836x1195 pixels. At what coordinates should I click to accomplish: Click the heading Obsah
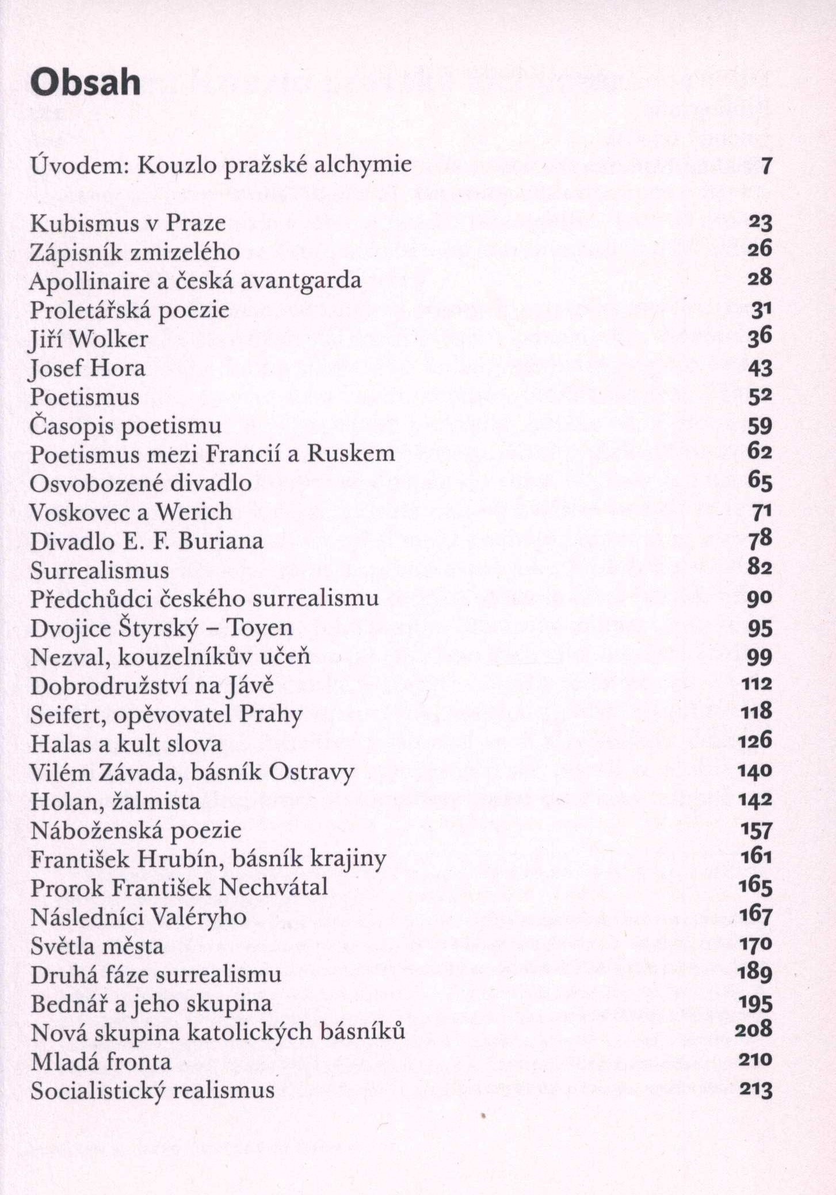pos(85,83)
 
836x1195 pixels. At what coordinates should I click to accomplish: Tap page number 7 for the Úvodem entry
pos(765,166)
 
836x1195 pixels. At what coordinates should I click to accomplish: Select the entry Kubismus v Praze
pos(128,223)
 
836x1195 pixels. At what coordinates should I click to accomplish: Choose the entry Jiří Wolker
pos(89,339)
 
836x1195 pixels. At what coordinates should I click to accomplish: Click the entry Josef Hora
pos(87,368)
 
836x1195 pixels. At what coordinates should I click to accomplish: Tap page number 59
pos(759,426)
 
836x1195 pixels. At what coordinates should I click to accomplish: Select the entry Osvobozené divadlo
pos(141,483)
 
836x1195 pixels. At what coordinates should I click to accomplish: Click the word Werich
pos(194,512)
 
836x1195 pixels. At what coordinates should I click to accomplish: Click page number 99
pos(759,657)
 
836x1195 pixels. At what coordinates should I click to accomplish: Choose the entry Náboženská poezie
pos(136,830)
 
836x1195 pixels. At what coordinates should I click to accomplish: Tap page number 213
pos(755,1090)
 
